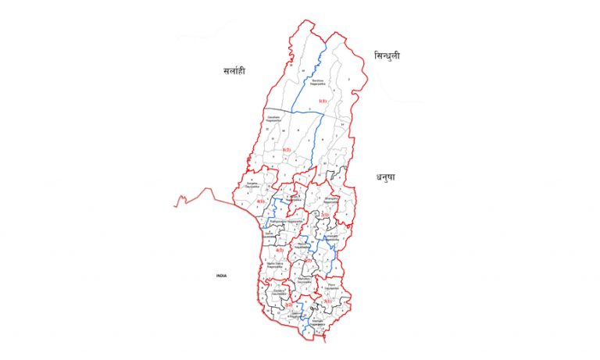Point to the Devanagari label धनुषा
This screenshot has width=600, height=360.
tap(385, 177)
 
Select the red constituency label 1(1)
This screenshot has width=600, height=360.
tap(322, 102)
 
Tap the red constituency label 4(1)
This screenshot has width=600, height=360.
tap(260, 201)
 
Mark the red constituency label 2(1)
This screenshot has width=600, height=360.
tap(325, 214)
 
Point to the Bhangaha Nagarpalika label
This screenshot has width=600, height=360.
tap(331, 201)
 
